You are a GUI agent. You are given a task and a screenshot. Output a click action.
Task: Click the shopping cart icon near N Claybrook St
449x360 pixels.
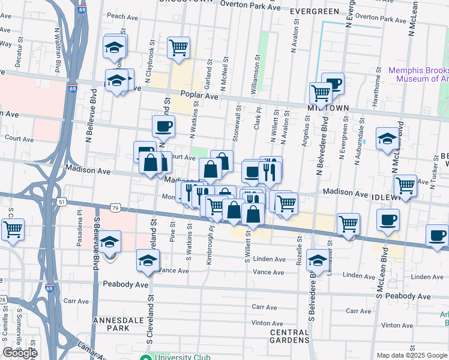pyautogui.click(x=178, y=47)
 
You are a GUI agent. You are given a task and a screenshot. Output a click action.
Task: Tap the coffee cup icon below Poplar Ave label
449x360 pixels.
pyautogui.click(x=163, y=126)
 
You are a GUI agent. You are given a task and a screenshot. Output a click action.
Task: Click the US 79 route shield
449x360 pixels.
pyautogui.click(x=116, y=207)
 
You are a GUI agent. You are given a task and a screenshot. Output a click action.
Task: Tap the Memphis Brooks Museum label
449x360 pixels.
pyautogui.click(x=418, y=74)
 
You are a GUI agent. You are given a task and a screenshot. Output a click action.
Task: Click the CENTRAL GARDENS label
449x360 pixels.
pyautogui.click(x=289, y=336)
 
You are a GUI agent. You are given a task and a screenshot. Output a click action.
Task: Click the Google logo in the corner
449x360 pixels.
pyautogui.click(x=20, y=353)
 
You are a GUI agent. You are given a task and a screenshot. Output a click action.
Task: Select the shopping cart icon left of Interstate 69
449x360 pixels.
pyautogui.click(x=12, y=229)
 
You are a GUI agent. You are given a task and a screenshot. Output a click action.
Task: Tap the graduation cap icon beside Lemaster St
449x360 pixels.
pyautogui.click(x=317, y=260)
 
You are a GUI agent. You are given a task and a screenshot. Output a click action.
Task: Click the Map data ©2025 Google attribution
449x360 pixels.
pyautogui.click(x=412, y=355)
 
